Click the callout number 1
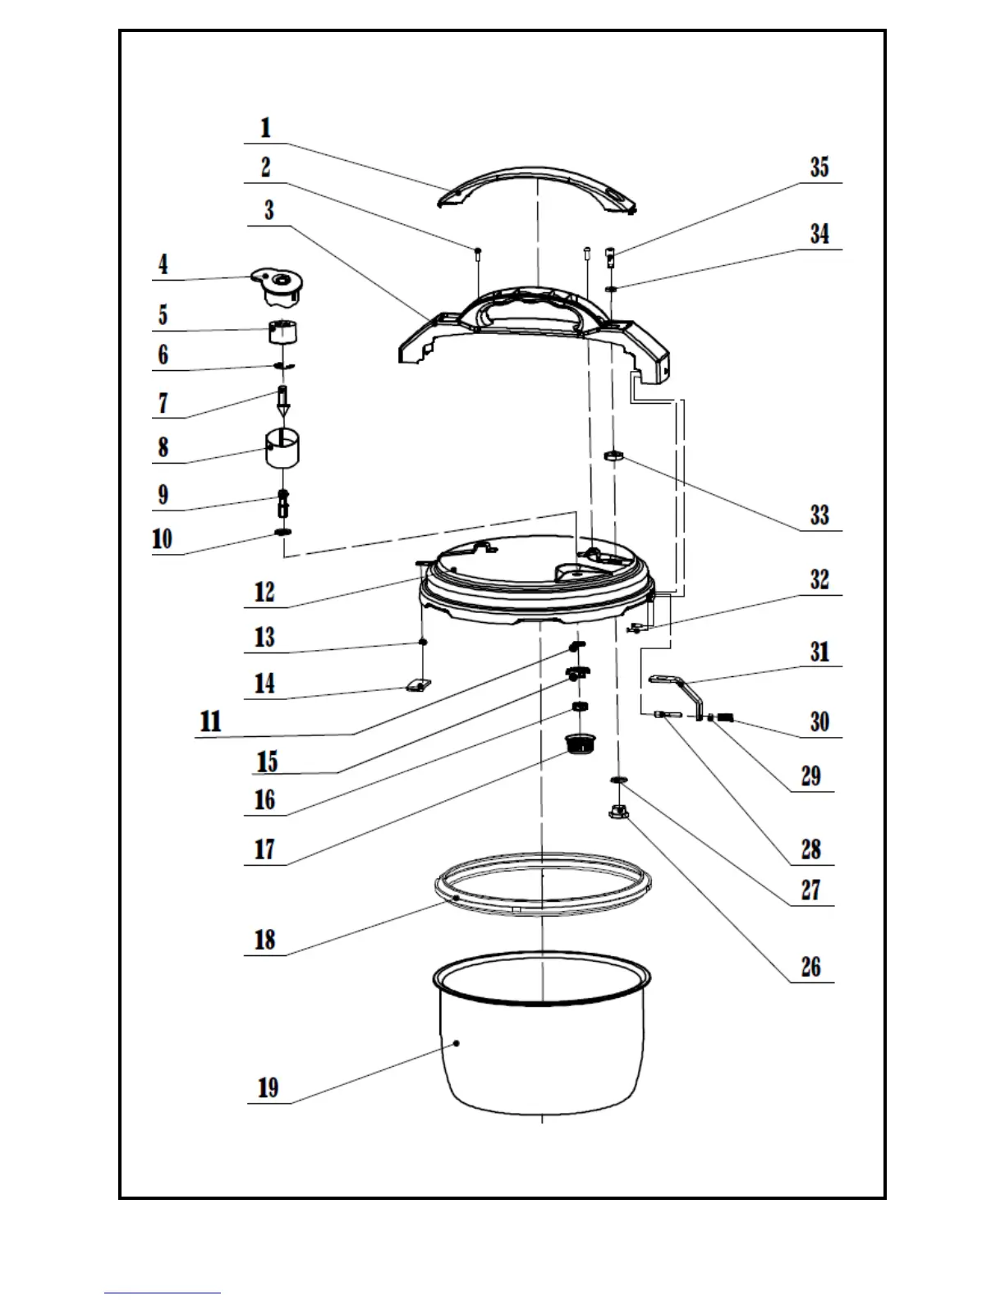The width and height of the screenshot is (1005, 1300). (x=265, y=129)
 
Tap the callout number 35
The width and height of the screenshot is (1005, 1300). (x=819, y=167)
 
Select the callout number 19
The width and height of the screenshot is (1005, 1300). (x=268, y=1088)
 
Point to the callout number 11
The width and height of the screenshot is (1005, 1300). (x=211, y=721)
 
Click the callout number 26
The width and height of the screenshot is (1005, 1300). (x=810, y=967)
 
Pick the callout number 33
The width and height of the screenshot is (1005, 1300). (x=819, y=515)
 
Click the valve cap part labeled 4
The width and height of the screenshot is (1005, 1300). (x=280, y=287)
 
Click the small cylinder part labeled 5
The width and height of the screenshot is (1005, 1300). (x=282, y=332)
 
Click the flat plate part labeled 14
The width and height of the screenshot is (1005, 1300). (x=418, y=684)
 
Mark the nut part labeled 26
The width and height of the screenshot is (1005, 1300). (x=619, y=812)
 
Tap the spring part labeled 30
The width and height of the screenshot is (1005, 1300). (x=724, y=717)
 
